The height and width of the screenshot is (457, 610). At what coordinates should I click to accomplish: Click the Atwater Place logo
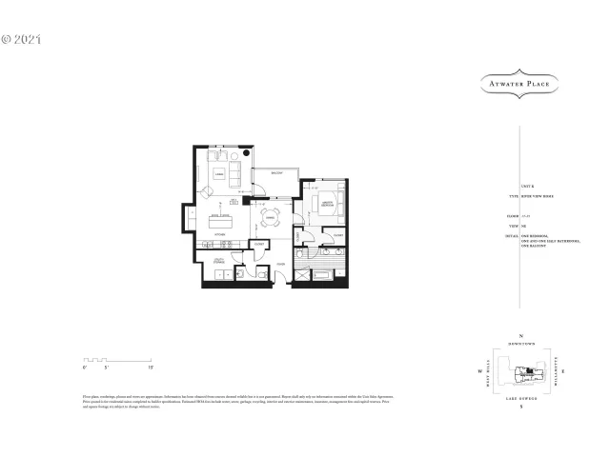(x=518, y=84)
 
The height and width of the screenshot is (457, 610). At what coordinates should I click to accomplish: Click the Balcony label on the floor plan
(x=274, y=173)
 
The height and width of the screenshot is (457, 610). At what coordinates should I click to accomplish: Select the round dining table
(x=271, y=214)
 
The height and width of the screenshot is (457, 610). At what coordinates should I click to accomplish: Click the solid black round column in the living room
(x=246, y=151)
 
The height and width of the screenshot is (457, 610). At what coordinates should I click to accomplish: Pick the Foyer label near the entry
(x=281, y=264)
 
